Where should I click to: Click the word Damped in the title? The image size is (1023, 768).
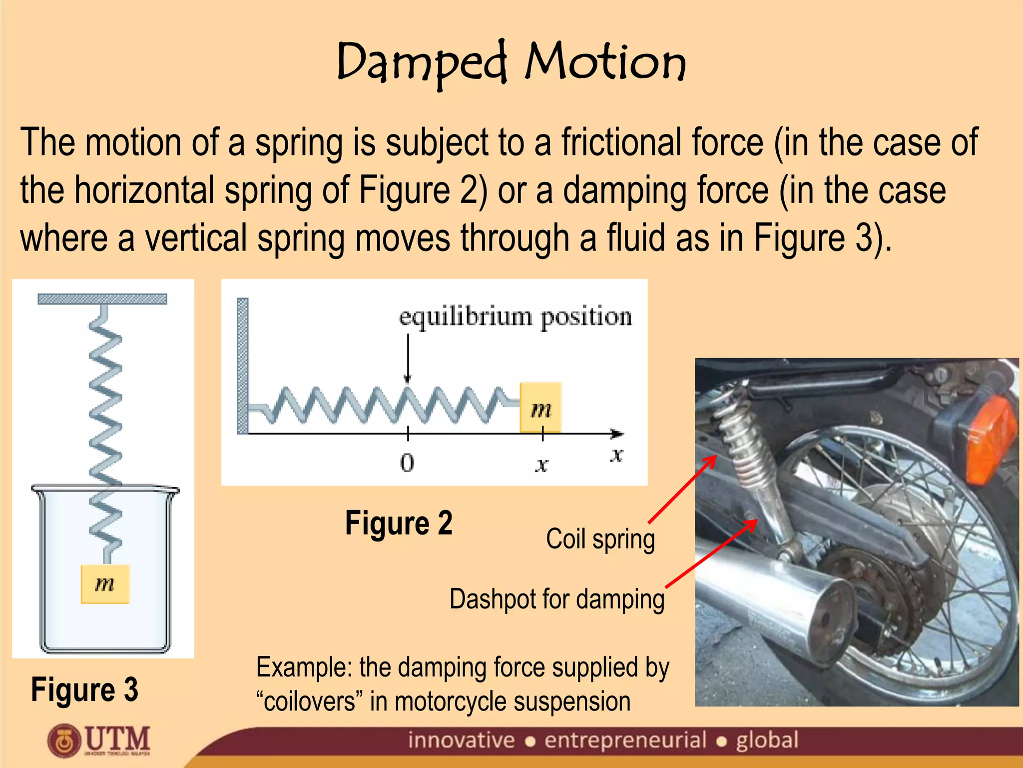422,64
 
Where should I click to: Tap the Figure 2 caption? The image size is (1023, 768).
399,523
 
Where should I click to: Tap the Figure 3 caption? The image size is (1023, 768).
84,690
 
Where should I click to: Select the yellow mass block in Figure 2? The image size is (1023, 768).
540,407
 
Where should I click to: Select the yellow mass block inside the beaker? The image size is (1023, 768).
105,584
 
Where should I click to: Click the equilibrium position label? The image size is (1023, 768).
515,317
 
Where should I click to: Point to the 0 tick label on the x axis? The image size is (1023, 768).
407,463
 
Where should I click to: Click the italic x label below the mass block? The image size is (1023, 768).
541,465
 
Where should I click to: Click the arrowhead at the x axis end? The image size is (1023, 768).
618,433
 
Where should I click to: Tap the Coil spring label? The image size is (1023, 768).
600,539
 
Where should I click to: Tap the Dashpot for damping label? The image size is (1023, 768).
556,599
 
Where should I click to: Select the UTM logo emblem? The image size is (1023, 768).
64,740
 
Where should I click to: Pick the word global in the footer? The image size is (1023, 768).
767,740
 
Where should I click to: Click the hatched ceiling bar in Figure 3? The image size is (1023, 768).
102,299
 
